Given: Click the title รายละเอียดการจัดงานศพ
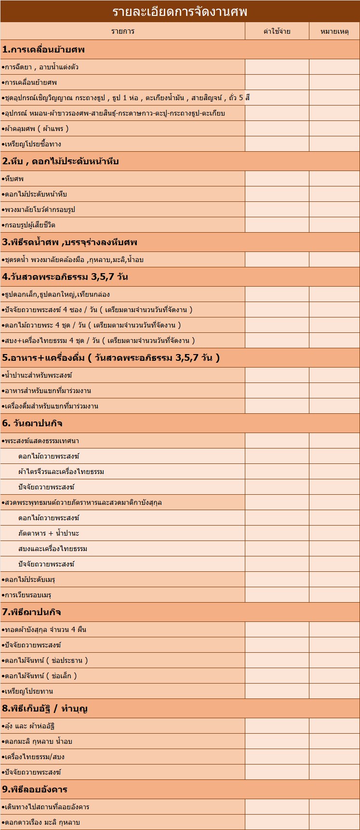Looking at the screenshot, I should coord(180,11).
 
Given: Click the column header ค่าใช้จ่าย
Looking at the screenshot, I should coord(277,31).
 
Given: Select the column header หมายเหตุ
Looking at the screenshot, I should coord(334,31).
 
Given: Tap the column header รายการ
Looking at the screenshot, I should coord(122,31).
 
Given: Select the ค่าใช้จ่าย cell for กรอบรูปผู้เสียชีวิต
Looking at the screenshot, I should coord(277,225).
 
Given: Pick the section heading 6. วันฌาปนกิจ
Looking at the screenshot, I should coord(33,423).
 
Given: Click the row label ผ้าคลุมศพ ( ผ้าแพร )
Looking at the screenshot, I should coord(36,129).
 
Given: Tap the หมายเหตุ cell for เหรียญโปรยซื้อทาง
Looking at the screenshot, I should coord(334,144).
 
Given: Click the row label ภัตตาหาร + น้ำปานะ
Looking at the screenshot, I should coord(49,533).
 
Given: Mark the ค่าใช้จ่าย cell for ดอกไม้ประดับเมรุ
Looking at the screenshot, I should coord(277,580).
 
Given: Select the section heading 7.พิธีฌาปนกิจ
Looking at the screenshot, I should coord(32,612).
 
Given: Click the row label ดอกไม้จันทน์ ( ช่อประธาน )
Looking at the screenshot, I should coord(45,660).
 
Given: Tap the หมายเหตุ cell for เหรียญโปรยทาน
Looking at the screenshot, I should coord(334,691).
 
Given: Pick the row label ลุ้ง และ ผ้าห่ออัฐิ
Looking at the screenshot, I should coord(32,726).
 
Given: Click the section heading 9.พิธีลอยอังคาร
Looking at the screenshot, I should coord(35,790).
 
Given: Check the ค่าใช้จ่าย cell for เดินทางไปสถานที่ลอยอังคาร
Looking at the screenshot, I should coord(277,807).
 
